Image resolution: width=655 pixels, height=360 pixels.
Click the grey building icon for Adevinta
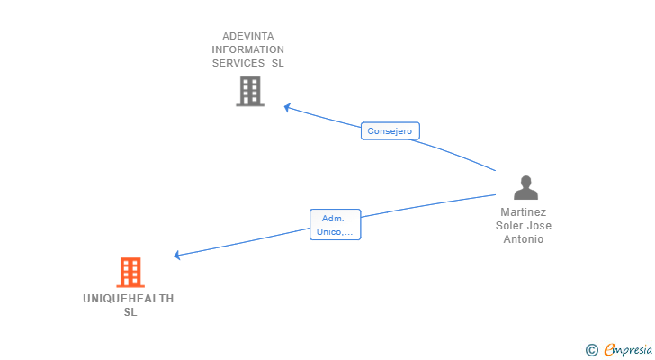click(x=250, y=91)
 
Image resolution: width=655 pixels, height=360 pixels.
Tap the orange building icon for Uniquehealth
click(x=130, y=273)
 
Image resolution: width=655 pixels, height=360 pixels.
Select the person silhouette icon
click(x=525, y=187)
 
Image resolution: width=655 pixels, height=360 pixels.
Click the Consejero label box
click(x=390, y=131)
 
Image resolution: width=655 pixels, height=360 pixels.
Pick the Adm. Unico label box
click(x=335, y=225)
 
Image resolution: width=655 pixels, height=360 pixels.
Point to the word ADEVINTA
click(x=248, y=36)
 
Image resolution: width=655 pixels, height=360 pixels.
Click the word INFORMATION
click(x=247, y=49)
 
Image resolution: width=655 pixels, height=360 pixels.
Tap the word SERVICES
click(x=238, y=63)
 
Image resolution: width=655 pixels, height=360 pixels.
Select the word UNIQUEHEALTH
click(x=129, y=299)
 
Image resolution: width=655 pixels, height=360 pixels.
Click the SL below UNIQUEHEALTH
click(x=130, y=312)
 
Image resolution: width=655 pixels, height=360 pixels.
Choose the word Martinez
click(x=524, y=212)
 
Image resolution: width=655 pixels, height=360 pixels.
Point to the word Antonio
click(x=524, y=239)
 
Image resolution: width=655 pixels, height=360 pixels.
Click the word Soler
click(x=508, y=226)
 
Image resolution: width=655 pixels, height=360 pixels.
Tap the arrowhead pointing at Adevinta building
click(x=287, y=108)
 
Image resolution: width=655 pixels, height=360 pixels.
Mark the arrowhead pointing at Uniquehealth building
click(x=177, y=255)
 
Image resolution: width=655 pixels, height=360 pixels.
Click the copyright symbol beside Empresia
click(x=591, y=350)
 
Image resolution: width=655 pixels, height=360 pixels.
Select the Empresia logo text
click(x=628, y=349)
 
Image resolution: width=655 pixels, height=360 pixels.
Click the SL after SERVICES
click(x=278, y=63)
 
